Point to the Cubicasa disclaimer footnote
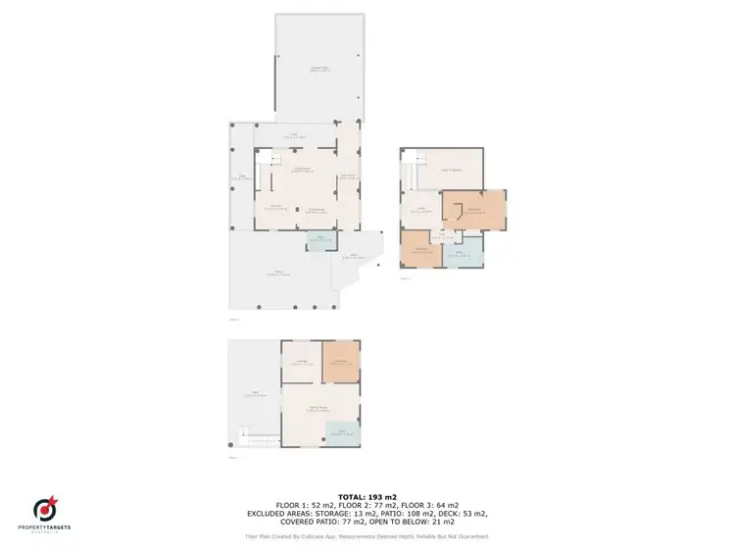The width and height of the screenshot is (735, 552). point(367,536)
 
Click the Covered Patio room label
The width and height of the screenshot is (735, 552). point(318,68)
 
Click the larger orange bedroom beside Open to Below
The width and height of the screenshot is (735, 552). point(474,210)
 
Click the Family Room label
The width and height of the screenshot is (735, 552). point(312,410)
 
